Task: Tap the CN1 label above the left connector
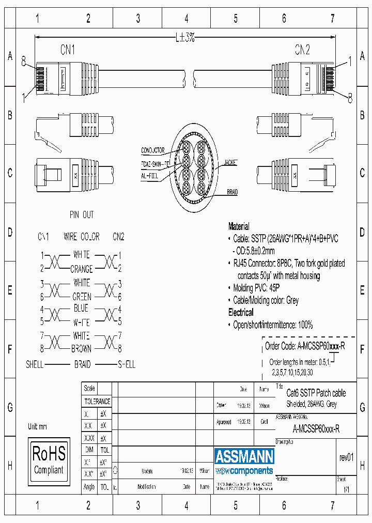tap(68, 50)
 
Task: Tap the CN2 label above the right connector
tap(302, 50)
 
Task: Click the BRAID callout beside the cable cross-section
tap(232, 192)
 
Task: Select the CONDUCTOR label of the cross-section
tap(153, 150)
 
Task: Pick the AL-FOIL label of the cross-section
tap(149, 176)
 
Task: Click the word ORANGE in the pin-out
tap(82, 269)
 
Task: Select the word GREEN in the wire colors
tap(82, 297)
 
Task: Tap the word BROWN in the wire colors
tap(82, 349)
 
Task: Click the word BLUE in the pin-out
tap(81, 308)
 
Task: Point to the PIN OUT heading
tap(82, 214)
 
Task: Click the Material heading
tap(239, 226)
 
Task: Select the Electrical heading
tap(241, 312)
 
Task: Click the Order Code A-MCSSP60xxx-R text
tap(304, 346)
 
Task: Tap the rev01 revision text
tap(346, 457)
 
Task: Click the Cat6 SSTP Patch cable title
tap(316, 393)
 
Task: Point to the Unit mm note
tap(37, 426)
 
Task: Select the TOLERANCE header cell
tap(97, 401)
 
